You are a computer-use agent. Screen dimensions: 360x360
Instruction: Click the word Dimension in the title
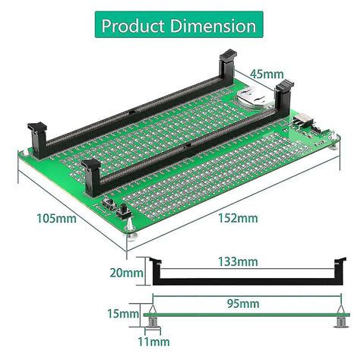coord(212,26)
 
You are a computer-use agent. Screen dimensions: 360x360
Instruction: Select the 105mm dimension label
coord(56,219)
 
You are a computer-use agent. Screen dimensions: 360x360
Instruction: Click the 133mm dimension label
coord(238,262)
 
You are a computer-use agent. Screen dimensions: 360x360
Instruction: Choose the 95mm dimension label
coord(239,303)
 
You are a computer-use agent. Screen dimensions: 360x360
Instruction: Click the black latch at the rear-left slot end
coord(37,135)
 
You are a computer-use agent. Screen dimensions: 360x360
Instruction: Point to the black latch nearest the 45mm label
coord(228,64)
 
